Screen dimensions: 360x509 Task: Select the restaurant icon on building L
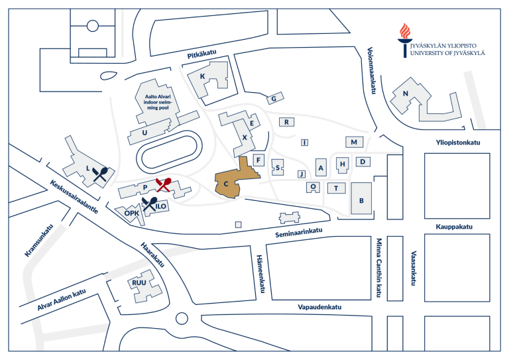pos(101,174)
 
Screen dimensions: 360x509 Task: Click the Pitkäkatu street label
pos(203,55)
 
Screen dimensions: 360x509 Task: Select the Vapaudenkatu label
pos(319,307)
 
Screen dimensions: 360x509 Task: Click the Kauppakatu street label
pos(453,227)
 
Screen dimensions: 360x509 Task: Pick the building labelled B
pos(361,199)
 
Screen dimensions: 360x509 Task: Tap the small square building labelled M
pos(354,142)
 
